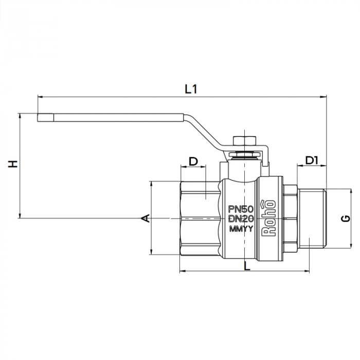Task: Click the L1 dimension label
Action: tap(191, 88)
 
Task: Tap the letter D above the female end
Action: tap(193, 161)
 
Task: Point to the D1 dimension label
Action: tap(312, 160)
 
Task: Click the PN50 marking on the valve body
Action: tap(240, 209)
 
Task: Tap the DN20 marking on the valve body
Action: tap(240, 219)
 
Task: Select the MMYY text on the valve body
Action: tap(240, 229)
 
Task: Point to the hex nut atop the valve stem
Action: tap(241, 142)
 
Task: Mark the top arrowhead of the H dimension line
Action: tap(20, 116)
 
